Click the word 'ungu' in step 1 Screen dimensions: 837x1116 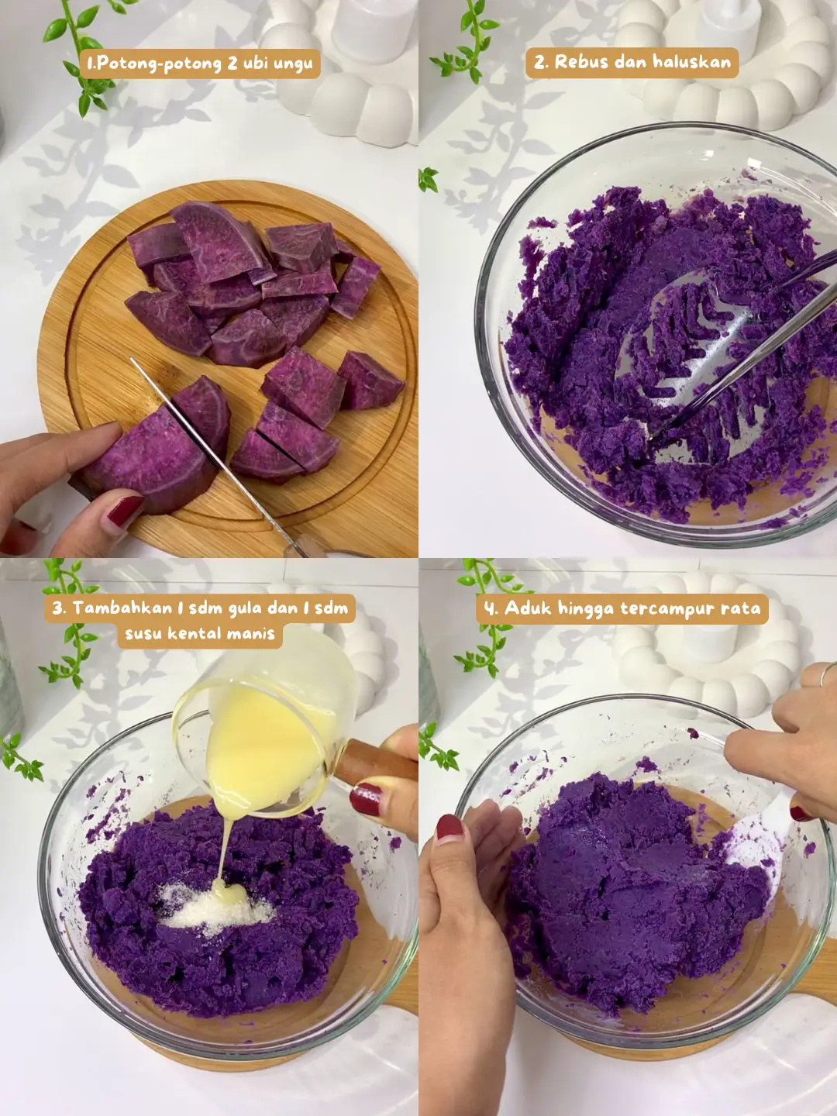tap(293, 65)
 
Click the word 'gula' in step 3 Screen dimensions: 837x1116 tap(244, 608)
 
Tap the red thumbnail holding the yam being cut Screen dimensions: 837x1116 tap(125, 511)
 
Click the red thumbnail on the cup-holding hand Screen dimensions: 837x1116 tap(365, 799)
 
